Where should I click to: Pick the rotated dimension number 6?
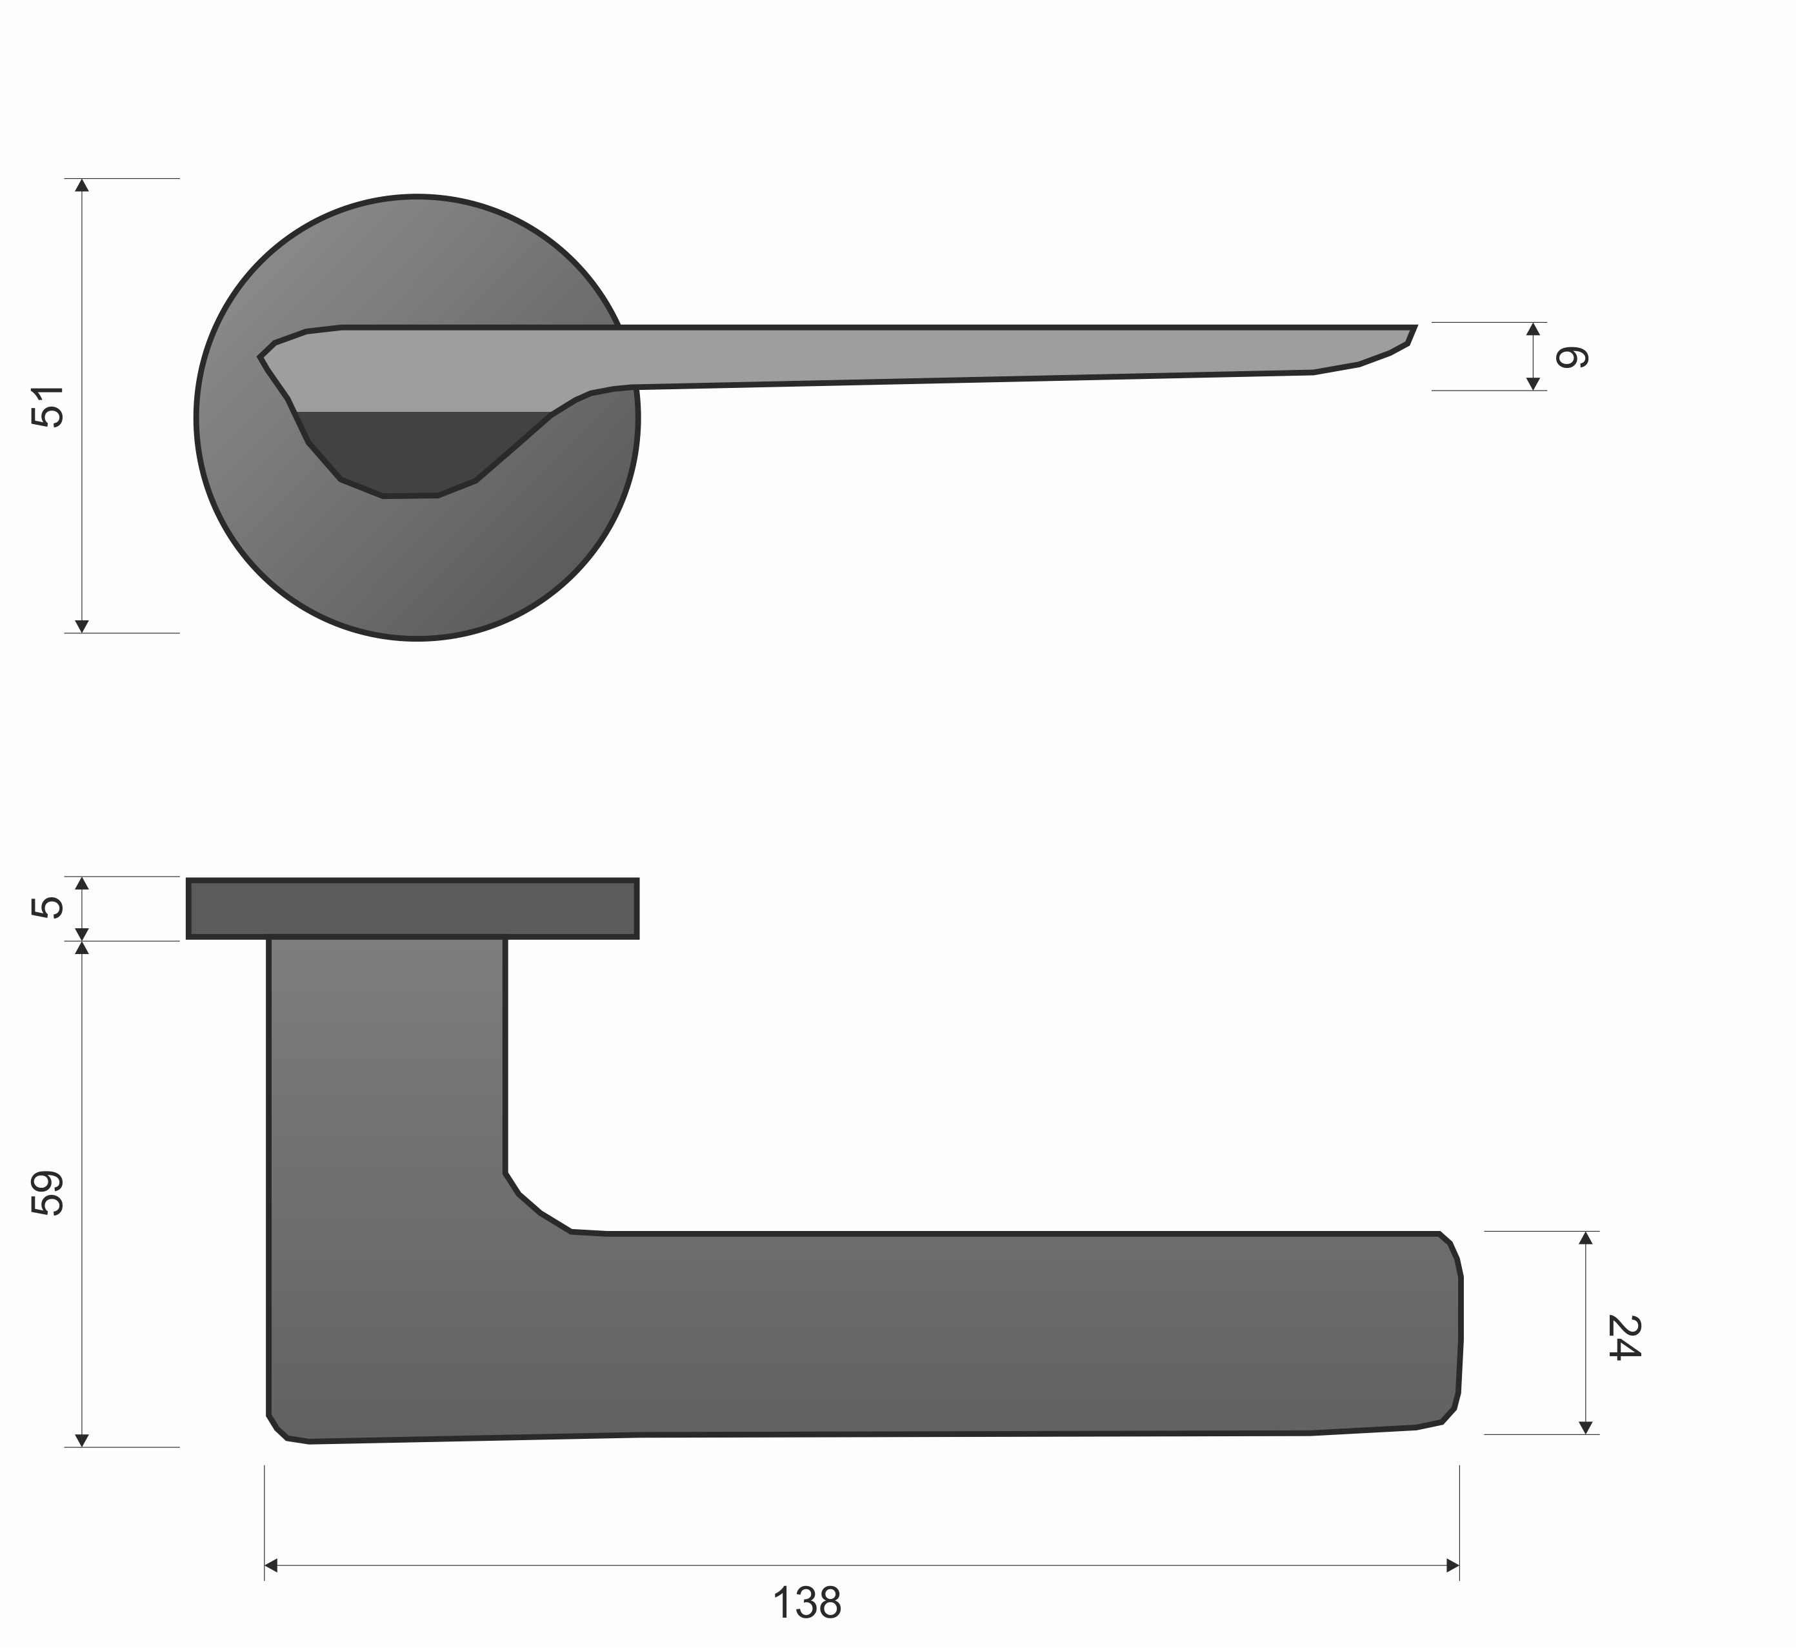(1572, 357)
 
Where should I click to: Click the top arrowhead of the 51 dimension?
(82, 185)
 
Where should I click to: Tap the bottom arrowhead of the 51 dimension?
(82, 626)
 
